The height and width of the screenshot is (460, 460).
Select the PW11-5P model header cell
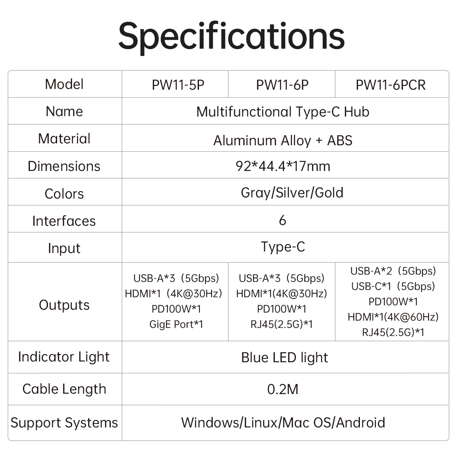click(178, 85)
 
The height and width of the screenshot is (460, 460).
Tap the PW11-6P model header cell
click(282, 85)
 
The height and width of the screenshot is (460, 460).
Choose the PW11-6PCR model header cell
click(391, 85)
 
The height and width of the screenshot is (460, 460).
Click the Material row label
click(64, 139)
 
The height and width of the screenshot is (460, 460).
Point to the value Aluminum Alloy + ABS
click(283, 140)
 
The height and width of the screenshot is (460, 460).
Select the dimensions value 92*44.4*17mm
click(283, 166)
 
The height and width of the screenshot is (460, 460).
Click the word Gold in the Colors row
click(329, 192)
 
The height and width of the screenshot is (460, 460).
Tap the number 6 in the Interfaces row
click(283, 220)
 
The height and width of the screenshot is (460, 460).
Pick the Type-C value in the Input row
click(283, 247)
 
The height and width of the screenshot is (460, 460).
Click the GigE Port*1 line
click(176, 324)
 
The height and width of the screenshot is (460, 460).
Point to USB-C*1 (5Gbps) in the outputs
click(393, 286)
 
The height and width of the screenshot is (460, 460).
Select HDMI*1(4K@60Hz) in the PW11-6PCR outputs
click(393, 317)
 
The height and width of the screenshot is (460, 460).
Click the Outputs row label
click(64, 305)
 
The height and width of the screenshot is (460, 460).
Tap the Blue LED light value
click(284, 358)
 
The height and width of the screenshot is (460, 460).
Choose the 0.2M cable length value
click(283, 389)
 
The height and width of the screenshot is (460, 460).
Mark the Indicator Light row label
click(64, 357)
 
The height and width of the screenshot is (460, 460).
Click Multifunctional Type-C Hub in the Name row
click(283, 112)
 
